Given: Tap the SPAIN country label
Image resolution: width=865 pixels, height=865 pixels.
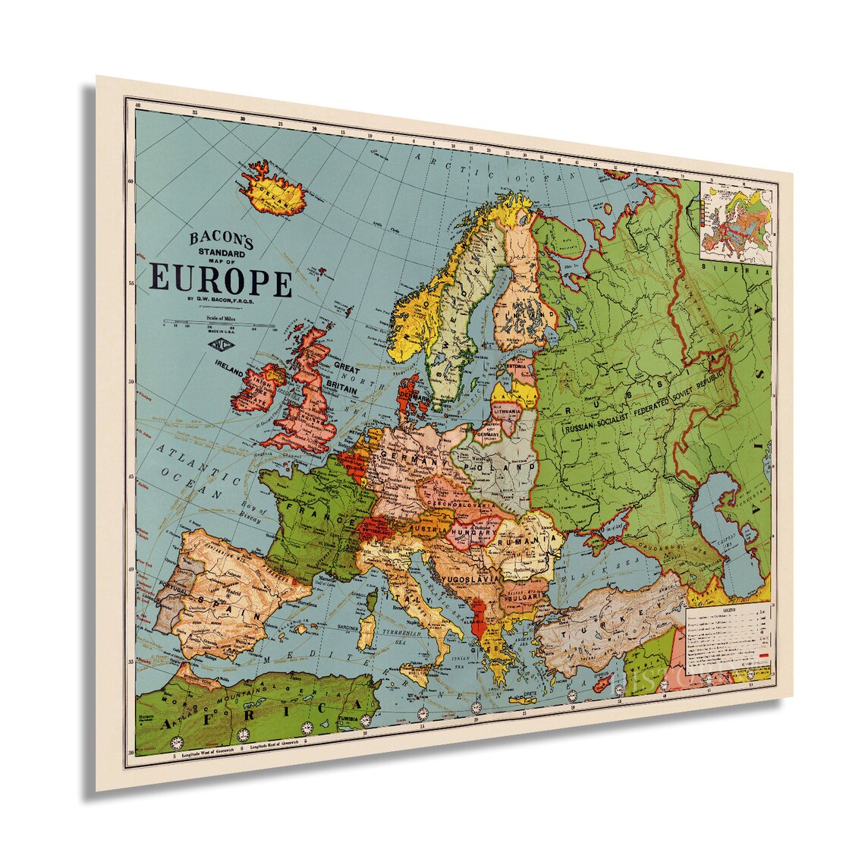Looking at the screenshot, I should click(x=229, y=599).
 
